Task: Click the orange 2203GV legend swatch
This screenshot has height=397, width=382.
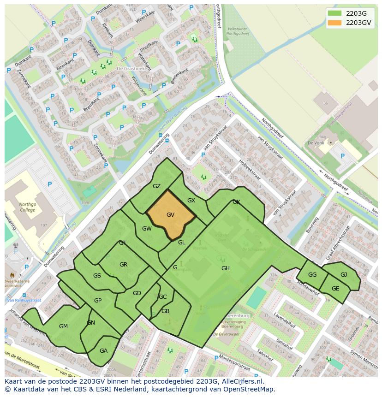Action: click(x=335, y=23)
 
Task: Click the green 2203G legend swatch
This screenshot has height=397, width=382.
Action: click(x=335, y=13)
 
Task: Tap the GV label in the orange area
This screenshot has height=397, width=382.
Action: click(x=170, y=215)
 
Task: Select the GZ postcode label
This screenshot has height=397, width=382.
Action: click(x=156, y=186)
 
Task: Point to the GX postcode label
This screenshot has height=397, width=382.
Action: click(x=191, y=201)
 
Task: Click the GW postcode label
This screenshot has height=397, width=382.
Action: click(x=147, y=229)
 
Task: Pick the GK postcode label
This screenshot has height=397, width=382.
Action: click(x=236, y=202)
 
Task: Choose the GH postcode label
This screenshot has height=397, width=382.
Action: click(x=225, y=268)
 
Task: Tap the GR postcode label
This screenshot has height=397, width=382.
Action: click(x=123, y=265)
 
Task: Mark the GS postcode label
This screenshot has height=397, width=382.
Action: click(x=97, y=276)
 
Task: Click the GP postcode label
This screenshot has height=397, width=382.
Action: click(x=98, y=301)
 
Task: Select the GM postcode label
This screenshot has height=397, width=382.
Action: click(x=63, y=326)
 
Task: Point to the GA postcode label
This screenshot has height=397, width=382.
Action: click(x=103, y=351)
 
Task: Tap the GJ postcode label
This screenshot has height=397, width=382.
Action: click(x=344, y=275)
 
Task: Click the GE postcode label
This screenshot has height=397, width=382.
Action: click(x=335, y=289)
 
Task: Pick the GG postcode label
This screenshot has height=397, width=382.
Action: click(x=312, y=275)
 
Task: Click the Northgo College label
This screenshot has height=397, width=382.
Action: click(x=27, y=208)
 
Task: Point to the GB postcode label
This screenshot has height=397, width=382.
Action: click(x=165, y=311)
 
